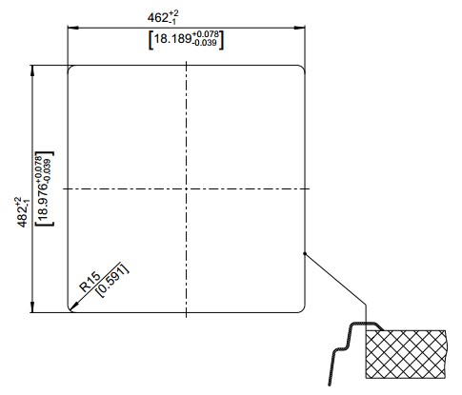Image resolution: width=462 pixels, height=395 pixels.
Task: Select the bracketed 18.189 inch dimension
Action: click(x=186, y=40)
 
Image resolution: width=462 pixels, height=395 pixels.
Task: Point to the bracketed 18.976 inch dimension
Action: click(x=44, y=188)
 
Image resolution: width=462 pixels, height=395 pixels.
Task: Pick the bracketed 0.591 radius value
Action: click(x=113, y=280)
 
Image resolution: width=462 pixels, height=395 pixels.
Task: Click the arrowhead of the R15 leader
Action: click(x=73, y=306)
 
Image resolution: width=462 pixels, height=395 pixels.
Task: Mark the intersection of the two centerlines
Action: click(x=186, y=189)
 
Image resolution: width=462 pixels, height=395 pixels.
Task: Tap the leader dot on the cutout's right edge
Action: click(x=305, y=253)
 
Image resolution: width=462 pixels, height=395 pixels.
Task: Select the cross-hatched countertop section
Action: click(x=406, y=354)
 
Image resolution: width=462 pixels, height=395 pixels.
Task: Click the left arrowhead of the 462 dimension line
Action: click(x=72, y=28)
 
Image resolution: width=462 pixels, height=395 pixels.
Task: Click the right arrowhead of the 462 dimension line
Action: click(x=299, y=28)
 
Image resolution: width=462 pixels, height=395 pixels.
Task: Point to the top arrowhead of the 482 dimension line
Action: click(x=31, y=70)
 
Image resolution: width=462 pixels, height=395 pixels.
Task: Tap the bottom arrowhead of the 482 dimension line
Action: click(x=31, y=307)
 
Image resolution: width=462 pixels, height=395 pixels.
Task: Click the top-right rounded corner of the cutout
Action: click(x=303, y=68)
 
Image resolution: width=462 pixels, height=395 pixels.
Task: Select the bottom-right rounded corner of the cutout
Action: click(x=303, y=310)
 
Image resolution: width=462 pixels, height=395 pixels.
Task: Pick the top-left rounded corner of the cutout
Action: click(x=70, y=68)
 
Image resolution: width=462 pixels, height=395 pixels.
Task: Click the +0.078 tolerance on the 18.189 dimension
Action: click(x=206, y=34)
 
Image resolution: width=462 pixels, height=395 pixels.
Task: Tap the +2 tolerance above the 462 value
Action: click(x=173, y=13)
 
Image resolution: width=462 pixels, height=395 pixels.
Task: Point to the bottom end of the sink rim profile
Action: click(x=330, y=385)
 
